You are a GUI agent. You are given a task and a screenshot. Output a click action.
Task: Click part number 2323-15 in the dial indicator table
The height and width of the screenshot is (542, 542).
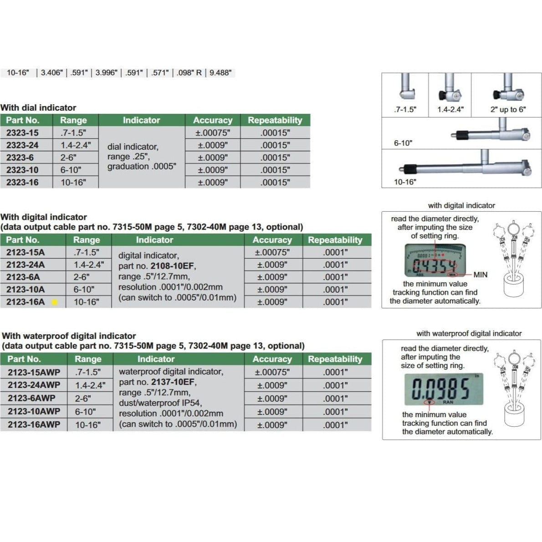pos(22,133)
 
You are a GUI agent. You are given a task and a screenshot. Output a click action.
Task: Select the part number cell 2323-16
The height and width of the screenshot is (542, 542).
pos(22,182)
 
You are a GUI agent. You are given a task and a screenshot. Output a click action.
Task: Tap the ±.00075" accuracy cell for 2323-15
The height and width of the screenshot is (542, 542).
pos(212,133)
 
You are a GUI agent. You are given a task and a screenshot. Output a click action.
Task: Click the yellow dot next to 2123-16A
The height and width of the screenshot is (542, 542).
pos(55,302)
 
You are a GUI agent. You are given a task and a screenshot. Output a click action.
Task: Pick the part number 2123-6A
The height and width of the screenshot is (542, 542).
pos(23,277)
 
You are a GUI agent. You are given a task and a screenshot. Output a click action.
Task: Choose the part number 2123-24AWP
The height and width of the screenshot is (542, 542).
pos(34,385)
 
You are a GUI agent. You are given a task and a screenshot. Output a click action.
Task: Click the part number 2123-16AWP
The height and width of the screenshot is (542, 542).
pos(34,424)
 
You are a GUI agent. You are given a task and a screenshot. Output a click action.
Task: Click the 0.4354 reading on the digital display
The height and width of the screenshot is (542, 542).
pos(434,266)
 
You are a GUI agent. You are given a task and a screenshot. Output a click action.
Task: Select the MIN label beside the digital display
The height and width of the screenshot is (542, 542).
pos(480,275)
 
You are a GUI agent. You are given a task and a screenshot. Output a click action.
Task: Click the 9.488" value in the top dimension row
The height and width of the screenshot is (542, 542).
pos(220,72)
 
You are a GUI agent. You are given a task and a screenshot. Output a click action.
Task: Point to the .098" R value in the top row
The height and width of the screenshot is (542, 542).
pos(189,72)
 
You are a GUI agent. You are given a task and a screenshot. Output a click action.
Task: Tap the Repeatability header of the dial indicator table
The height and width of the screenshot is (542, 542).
pos(275,120)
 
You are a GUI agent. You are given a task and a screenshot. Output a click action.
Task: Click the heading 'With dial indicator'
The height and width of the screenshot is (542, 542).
pos(38,107)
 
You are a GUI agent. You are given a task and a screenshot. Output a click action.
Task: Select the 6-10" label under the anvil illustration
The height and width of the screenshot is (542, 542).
pos(403,143)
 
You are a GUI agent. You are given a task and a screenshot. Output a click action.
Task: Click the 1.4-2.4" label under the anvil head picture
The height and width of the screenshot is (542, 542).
pos(450,109)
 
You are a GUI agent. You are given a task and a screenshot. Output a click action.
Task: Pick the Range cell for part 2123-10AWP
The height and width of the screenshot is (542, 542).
pos(86,411)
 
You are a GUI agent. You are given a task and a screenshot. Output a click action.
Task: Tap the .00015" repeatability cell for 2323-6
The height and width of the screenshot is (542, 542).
pos(275,158)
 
